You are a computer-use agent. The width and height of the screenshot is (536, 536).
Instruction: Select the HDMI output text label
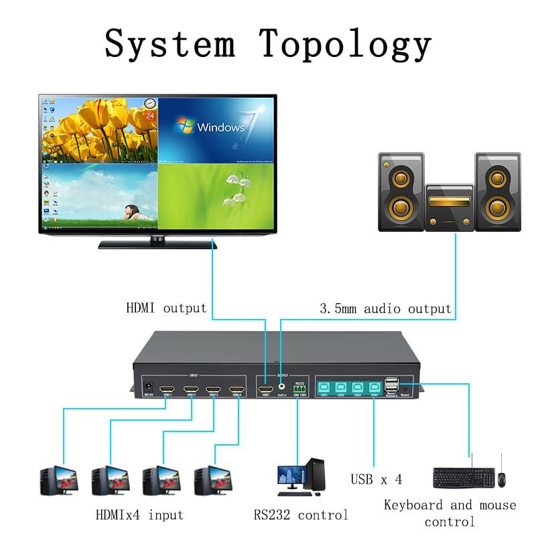[x=166, y=308]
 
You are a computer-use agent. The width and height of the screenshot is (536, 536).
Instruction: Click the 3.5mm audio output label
[x=384, y=309]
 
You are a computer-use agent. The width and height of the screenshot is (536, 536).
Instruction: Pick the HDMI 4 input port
[x=237, y=389]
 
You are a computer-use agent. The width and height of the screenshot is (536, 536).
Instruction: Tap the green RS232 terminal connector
[x=299, y=389]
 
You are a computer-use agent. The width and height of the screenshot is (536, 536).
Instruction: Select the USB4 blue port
[x=375, y=387]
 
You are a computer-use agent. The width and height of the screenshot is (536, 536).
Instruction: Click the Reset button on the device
[x=405, y=389]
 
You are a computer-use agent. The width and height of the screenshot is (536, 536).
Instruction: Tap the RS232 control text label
[x=300, y=515]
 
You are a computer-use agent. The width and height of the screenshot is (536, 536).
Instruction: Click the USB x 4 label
[x=376, y=480]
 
